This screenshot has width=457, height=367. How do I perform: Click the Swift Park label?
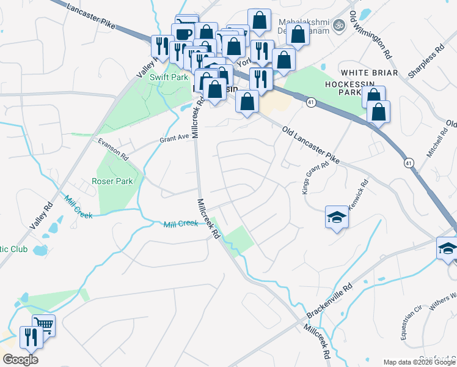(x=169, y=78)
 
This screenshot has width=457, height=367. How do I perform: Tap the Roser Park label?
(x=112, y=182)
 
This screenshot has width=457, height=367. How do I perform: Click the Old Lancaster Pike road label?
(x=310, y=144)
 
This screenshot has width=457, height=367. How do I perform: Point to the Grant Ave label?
(x=174, y=138)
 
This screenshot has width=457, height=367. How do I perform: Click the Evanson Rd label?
(x=114, y=149)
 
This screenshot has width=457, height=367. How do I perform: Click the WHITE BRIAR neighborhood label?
(x=370, y=73)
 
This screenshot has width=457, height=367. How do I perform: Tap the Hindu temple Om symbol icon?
(x=337, y=26)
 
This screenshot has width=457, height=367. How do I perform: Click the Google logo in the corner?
(x=20, y=360)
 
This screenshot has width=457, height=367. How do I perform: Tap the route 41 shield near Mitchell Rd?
(x=408, y=163)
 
